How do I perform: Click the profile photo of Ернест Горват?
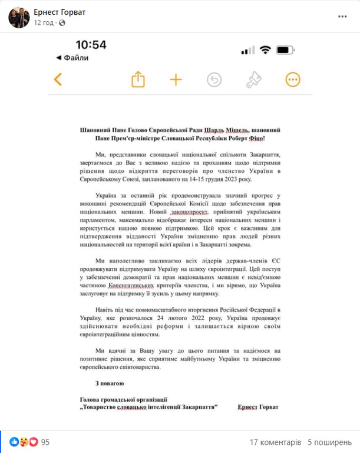pos(16,18)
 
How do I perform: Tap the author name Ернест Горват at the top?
pos(59,12)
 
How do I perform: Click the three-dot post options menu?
pos(342,17)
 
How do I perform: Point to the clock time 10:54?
pos(91,45)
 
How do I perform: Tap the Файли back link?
pos(72,58)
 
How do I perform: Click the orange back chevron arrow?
pos(58,80)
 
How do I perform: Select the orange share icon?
pos(138,80)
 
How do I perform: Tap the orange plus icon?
pos(176,80)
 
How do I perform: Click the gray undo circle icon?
pos(214,80)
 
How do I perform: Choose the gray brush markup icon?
pos(253,80)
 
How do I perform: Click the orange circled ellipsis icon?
pos(293,80)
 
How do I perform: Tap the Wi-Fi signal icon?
pos(265,50)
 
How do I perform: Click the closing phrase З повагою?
pos(93,384)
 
